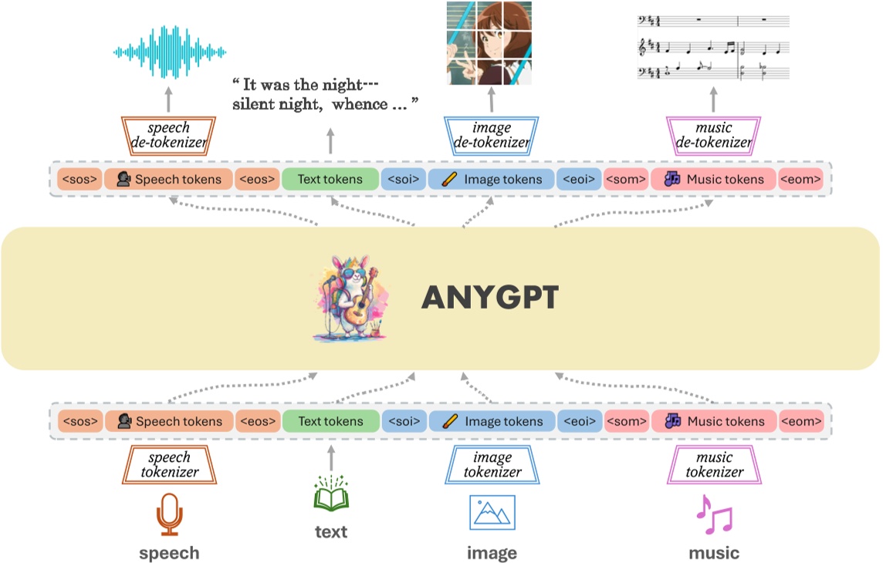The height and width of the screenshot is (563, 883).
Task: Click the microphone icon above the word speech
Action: coord(169,514)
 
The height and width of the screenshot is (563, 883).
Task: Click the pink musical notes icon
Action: coord(714,515)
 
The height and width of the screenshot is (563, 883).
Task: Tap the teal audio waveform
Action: coord(169,52)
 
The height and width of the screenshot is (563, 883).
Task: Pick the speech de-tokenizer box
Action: coord(169,135)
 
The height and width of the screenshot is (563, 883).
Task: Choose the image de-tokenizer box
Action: coord(492,135)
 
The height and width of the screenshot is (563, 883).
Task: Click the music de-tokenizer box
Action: coord(713,135)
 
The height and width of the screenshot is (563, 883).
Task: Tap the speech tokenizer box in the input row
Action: coord(169,465)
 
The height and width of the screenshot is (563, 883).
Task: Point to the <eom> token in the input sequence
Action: coord(800,421)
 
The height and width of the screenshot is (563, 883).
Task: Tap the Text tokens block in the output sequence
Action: coord(330,180)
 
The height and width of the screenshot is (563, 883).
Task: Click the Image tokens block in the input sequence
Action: coord(492,421)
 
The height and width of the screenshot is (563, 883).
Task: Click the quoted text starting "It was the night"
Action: coord(324,93)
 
